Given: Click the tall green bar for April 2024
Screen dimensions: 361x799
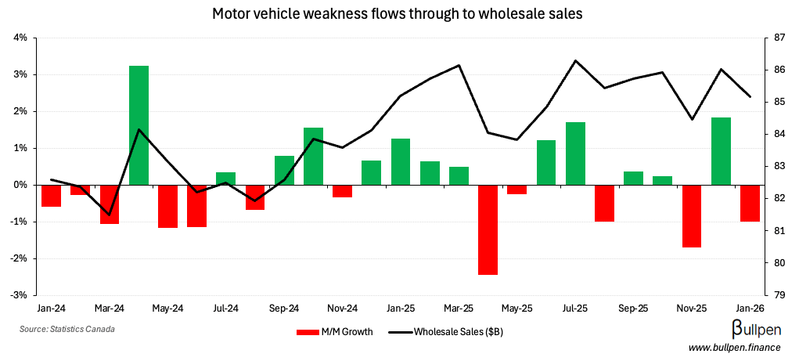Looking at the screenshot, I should click(139, 125).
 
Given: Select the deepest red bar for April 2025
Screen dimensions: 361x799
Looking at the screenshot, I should click(488, 229).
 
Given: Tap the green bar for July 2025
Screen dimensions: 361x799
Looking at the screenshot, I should click(575, 153).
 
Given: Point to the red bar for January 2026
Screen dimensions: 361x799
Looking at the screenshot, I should click(750, 203).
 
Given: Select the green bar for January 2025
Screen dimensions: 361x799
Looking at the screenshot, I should click(401, 161).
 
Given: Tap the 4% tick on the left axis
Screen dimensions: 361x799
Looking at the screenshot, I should click(20, 38).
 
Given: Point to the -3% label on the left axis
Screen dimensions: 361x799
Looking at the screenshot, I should click(20, 295).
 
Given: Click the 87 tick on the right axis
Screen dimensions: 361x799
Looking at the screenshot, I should click(779, 38).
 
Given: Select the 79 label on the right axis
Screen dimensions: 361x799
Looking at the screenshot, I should click(779, 295).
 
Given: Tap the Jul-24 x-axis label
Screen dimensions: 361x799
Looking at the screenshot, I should click(225, 309).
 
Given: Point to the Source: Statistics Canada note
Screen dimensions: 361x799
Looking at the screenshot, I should click(67, 329).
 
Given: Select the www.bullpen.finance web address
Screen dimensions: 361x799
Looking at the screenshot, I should click(738, 347).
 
